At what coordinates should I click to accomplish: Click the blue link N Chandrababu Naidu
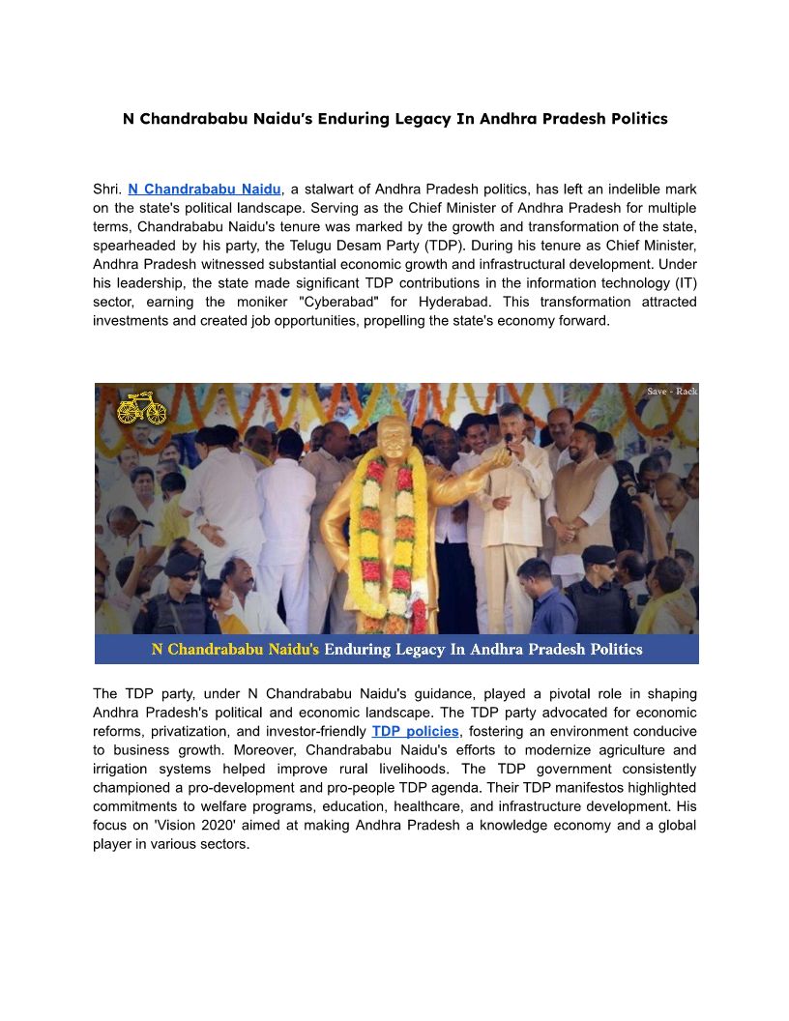tap(204, 189)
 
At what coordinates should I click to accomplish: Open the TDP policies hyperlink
tap(415, 732)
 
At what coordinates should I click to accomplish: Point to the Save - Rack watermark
tap(671, 392)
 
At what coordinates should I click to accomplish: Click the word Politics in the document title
tap(634, 119)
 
